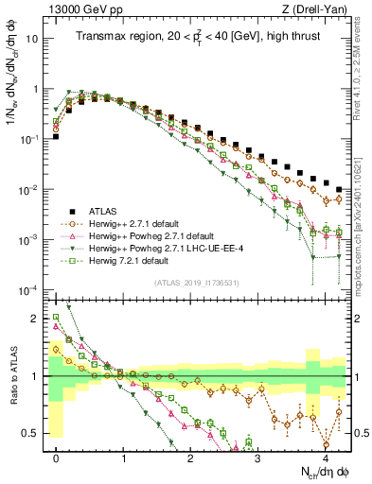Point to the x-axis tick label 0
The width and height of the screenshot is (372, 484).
click(57, 458)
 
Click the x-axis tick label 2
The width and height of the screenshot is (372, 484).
click(191, 458)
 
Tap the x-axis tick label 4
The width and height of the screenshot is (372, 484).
click(325, 458)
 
